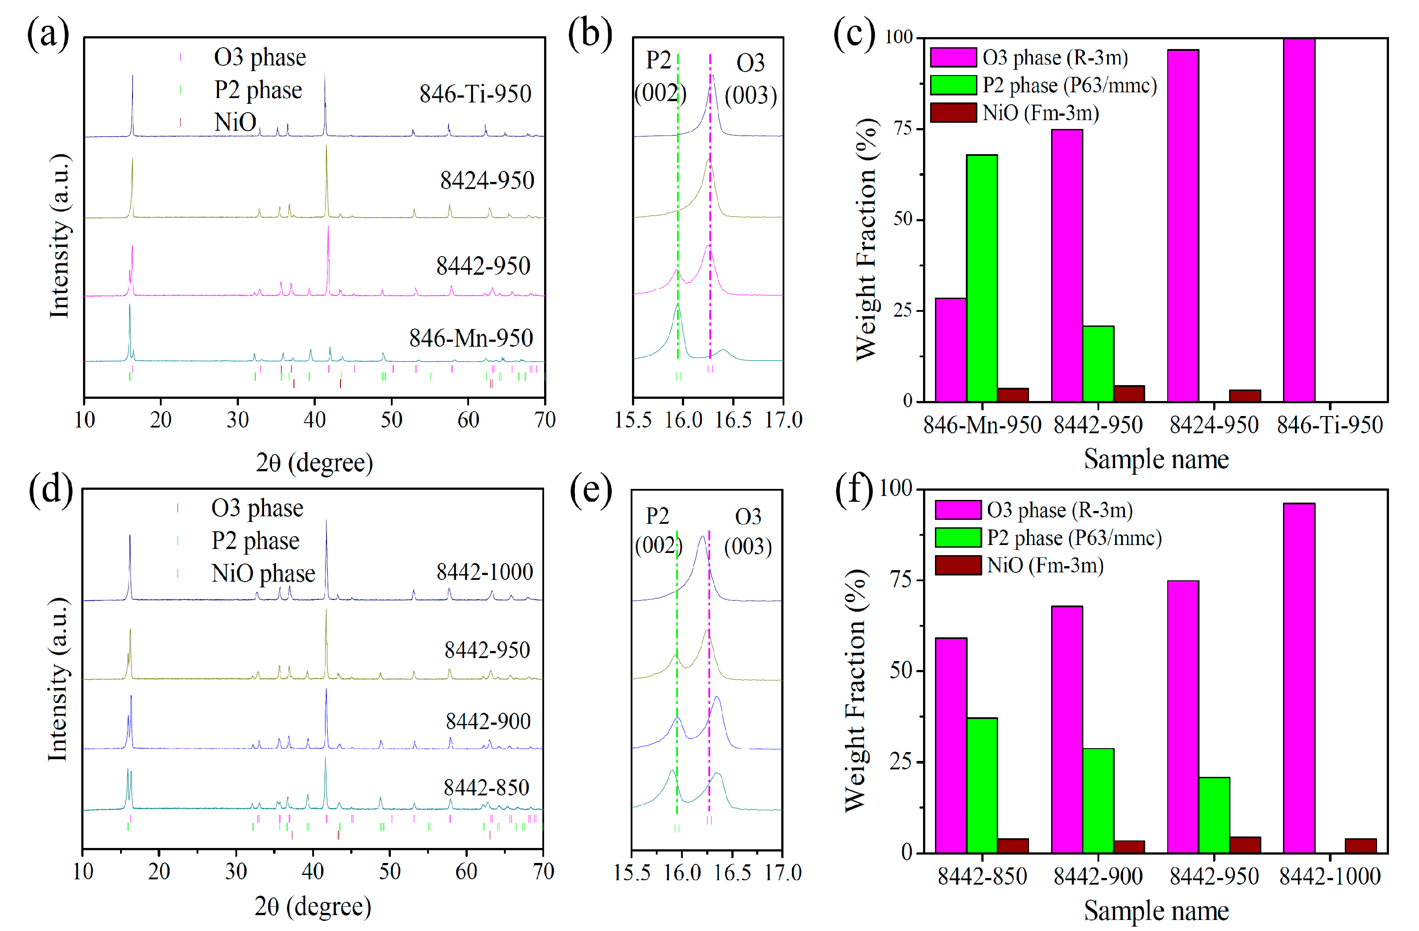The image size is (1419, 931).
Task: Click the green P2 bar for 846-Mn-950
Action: tap(981, 277)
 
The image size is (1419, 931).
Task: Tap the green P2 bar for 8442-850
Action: tap(981, 785)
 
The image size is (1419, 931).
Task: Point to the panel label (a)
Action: tap(48, 34)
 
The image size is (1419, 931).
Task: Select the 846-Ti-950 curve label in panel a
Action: tap(475, 94)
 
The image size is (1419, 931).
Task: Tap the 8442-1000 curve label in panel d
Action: tap(484, 571)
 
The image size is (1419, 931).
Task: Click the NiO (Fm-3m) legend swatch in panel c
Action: tap(953, 113)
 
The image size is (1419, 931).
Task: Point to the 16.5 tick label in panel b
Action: tap(733, 420)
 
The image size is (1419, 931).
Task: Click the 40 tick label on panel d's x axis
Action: tap(312, 871)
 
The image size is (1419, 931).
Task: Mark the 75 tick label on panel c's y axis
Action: tap(902, 129)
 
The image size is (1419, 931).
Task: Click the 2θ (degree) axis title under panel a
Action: tap(314, 462)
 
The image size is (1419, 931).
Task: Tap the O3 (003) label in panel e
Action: tap(748, 531)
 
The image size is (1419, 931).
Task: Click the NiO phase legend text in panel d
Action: tap(263, 573)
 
